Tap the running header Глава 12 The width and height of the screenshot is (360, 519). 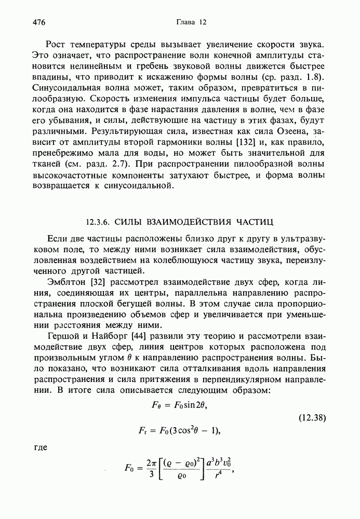pos(192,22)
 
